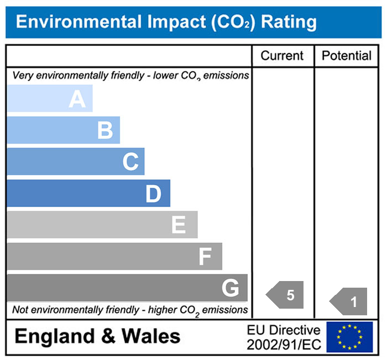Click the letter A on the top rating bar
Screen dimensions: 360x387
click(x=77, y=99)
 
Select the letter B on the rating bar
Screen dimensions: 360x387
click(x=105, y=131)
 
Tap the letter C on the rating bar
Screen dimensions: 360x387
click(x=130, y=162)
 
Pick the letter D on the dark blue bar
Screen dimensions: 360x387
click(x=154, y=194)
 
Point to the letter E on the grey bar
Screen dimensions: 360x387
click(x=178, y=225)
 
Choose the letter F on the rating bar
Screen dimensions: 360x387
click(x=205, y=257)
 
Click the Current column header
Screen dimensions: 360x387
click(x=282, y=56)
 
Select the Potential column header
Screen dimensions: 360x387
click(x=347, y=56)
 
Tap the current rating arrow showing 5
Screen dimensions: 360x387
click(x=286, y=295)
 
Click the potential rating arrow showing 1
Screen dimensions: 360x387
click(x=349, y=302)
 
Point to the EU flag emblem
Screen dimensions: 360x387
click(x=349, y=337)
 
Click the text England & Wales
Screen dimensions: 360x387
click(x=97, y=336)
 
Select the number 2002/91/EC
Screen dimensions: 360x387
click(x=284, y=344)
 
